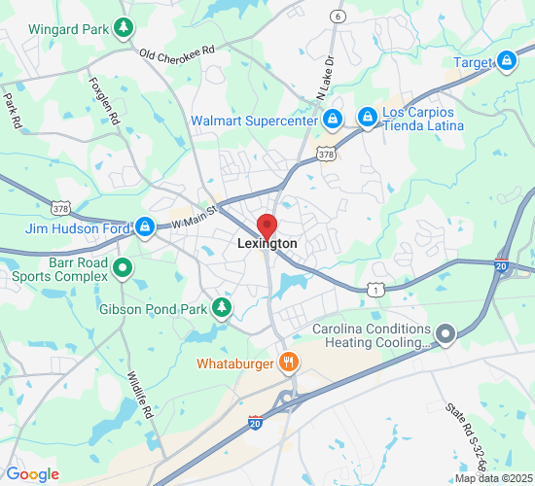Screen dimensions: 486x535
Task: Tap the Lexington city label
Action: click(267, 244)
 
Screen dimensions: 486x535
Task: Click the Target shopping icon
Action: click(507, 63)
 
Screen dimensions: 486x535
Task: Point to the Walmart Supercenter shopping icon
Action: click(332, 120)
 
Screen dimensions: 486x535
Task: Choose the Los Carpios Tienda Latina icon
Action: click(367, 119)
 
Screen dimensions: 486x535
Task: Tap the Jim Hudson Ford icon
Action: click(145, 227)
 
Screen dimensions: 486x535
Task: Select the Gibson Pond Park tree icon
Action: click(223, 309)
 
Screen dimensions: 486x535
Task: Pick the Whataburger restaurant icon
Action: click(288, 363)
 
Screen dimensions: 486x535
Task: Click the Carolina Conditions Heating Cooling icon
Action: click(446, 335)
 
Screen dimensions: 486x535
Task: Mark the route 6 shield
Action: click(338, 17)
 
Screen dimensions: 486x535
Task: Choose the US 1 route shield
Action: click(374, 290)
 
